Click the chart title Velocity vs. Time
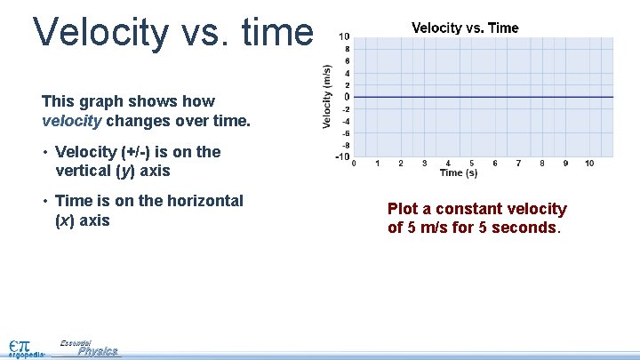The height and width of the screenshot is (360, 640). pos(465,28)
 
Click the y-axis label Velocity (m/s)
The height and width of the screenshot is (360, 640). pos(327,96)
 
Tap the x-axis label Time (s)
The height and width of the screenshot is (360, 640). pos(459,172)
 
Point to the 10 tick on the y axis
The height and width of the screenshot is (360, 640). pos(344,36)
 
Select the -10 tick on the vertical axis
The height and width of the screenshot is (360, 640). pos(342,157)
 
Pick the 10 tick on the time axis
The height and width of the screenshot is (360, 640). pos(589,164)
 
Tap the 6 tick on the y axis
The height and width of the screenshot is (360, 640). pos(346,60)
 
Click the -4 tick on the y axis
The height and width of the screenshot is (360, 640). pos(344,121)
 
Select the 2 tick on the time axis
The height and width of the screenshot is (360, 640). pos(401,164)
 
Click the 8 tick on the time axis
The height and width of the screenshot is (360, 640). pos(542,164)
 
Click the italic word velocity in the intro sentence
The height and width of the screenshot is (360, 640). pos(68,120)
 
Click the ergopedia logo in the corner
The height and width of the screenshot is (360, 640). pos(23,348)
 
